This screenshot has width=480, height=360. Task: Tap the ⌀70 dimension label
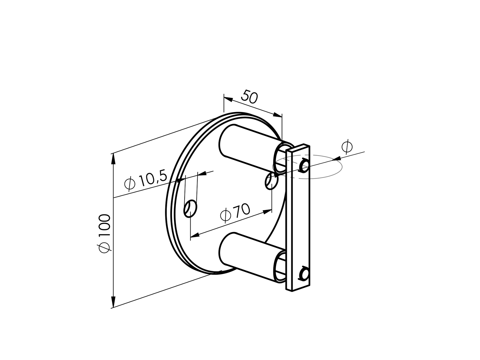pos(235,212)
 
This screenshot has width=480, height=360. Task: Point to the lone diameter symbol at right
pos(347,147)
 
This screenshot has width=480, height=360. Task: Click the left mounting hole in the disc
pos(190,209)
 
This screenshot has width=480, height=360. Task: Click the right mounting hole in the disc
pos(271,181)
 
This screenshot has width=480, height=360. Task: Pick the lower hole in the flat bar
pos(304,273)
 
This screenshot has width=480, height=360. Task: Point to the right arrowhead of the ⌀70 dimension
pos(267,211)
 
